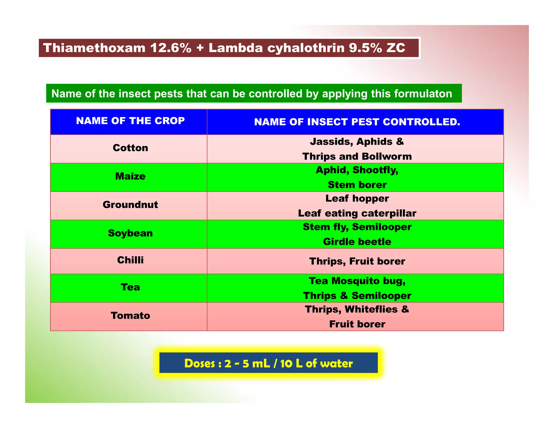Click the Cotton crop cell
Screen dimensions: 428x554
[130, 148]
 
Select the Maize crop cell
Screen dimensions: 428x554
[130, 176]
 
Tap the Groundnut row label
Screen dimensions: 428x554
[130, 205]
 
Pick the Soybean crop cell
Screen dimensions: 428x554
[130, 233]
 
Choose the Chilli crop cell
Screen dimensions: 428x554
[130, 260]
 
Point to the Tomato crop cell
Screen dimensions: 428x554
[130, 316]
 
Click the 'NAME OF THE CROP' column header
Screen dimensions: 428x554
[130, 121]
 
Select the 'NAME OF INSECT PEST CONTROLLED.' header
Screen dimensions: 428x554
[357, 122]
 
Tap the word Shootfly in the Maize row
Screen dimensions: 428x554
[375, 170]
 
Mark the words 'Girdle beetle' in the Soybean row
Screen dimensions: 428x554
[357, 242]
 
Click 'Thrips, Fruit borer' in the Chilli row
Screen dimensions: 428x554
[357, 261]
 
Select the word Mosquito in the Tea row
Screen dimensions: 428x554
[356, 281]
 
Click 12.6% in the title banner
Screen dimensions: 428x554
[171, 48]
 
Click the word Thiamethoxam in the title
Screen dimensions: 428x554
[94, 48]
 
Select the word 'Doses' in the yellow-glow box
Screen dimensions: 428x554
[200, 364]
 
